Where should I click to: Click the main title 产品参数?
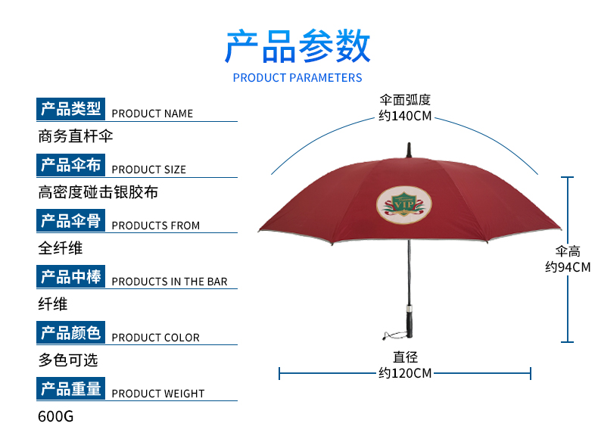pyautogui.click(x=297, y=46)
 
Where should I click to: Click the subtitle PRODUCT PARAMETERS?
pyautogui.click(x=297, y=78)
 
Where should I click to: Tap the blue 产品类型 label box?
pyautogui.click(x=70, y=109)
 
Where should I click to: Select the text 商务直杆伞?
pyautogui.click(x=76, y=136)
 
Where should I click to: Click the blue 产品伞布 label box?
pyautogui.click(x=70, y=165)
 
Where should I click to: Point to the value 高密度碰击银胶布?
pyautogui.click(x=98, y=192)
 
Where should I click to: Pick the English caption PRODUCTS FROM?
pyautogui.click(x=156, y=226)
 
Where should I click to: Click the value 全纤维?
pyautogui.click(x=61, y=248)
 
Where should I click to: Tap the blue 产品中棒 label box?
pyautogui.click(x=70, y=276)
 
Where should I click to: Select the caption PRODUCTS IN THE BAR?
pyautogui.click(x=170, y=282)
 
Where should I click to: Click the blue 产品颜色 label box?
pyautogui.click(x=70, y=332)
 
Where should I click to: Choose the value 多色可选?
pyautogui.click(x=68, y=360)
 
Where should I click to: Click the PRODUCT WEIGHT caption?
pyautogui.click(x=158, y=394)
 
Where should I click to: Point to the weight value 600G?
pyautogui.click(x=56, y=416)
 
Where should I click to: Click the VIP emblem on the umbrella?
pyautogui.click(x=404, y=205)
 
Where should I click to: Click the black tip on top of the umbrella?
pyautogui.click(x=409, y=150)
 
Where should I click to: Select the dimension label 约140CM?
pyautogui.click(x=405, y=116)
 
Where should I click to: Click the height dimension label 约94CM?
pyautogui.click(x=568, y=267)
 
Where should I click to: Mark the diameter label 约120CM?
pyautogui.click(x=405, y=373)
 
